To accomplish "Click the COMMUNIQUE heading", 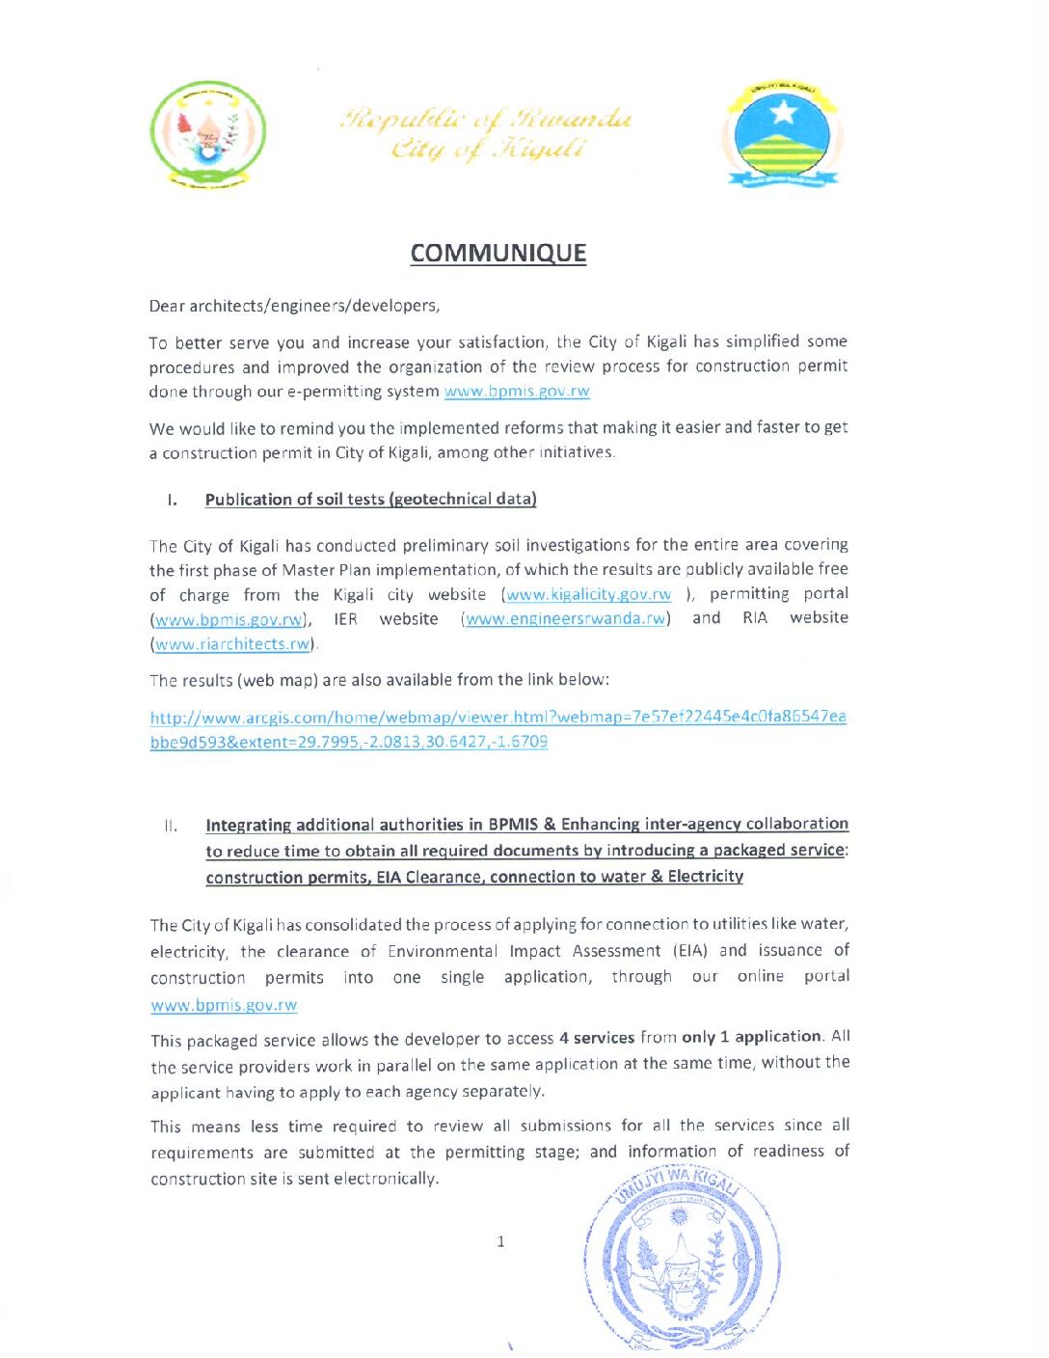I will pyautogui.click(x=498, y=253).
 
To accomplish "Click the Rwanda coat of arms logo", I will pyautogui.click(x=207, y=134).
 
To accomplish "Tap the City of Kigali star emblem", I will pyautogui.click(x=781, y=135).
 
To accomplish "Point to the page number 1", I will pyautogui.click(x=500, y=1241).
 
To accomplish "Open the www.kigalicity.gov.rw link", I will pyautogui.click(x=588, y=594).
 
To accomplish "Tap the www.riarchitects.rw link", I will pyautogui.click(x=232, y=643).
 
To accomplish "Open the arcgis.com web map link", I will pyautogui.click(x=498, y=729).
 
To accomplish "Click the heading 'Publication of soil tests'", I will pyautogui.click(x=370, y=499).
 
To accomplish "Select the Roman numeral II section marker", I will pyautogui.click(x=171, y=826).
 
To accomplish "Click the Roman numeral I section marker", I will pyautogui.click(x=172, y=500).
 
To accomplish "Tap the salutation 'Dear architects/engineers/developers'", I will pyautogui.click(x=294, y=306).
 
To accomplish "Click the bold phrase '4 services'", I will pyautogui.click(x=596, y=1038).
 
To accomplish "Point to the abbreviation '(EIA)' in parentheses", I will pyautogui.click(x=691, y=951).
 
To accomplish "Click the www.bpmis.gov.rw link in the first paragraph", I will pyautogui.click(x=517, y=391).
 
